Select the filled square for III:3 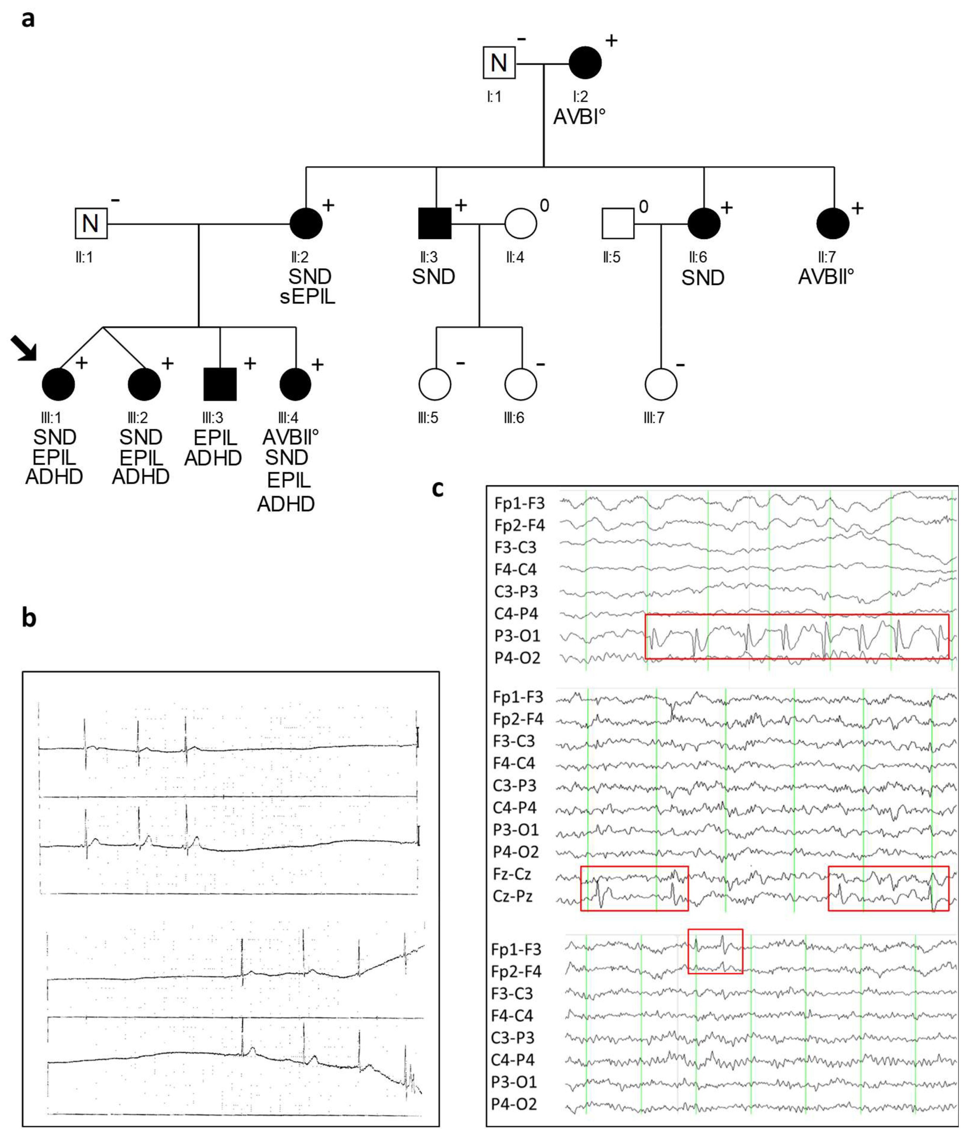pyautogui.click(x=220, y=384)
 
